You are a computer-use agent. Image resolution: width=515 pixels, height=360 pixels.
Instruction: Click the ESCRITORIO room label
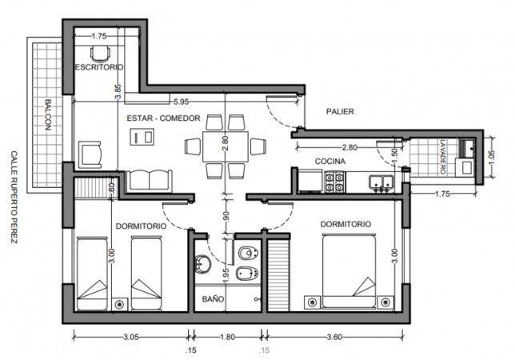point(99,67)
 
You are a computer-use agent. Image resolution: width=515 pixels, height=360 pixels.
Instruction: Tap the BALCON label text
point(48,114)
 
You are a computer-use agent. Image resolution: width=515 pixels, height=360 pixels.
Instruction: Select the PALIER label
point(340,112)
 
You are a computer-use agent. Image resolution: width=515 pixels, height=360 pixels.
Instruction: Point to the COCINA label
point(330,162)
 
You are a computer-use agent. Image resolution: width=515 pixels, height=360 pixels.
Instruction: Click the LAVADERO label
point(443,157)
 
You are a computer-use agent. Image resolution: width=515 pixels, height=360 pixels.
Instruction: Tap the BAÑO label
point(214,299)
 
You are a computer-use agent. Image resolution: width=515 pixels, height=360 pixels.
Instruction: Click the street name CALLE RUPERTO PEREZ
point(14,197)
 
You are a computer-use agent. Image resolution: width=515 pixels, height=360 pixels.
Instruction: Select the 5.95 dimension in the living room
point(182,102)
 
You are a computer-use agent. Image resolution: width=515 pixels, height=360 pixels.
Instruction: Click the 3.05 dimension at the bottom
point(131,338)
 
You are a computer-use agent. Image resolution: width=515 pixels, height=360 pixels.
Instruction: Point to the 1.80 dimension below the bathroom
point(227,338)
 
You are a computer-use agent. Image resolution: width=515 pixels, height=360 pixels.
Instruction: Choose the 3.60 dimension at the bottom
point(334,338)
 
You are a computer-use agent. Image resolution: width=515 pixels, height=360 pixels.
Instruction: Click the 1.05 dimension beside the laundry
point(492,158)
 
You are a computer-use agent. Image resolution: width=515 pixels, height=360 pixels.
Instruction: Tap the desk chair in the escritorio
point(100,54)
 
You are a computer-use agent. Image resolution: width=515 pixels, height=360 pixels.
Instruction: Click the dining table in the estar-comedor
point(226,146)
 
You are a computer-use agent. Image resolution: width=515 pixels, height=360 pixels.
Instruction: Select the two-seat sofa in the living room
point(150,180)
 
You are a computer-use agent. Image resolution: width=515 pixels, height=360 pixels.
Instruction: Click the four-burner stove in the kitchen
point(334,182)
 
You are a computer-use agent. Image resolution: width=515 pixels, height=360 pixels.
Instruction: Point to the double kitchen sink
point(381,182)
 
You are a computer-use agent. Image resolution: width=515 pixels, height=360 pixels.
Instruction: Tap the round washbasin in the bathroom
point(202,265)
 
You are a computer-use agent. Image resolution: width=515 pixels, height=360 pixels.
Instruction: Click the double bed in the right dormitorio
point(349,271)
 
